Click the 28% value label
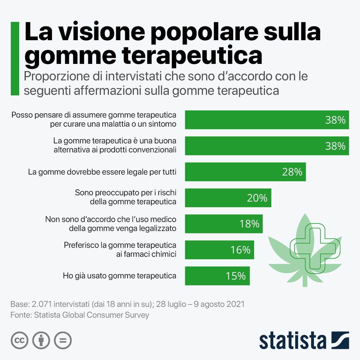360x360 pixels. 292,172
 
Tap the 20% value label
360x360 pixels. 257,198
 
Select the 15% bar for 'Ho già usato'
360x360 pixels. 217,276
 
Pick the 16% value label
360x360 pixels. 240,250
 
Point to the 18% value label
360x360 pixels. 249,224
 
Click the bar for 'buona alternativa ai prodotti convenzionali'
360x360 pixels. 267,146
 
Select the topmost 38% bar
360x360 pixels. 267,120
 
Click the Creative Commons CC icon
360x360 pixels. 19,340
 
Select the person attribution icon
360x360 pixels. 41,340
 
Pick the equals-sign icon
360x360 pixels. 63,340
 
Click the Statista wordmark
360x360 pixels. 292,341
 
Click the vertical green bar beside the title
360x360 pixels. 15,58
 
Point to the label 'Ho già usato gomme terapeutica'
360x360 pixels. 119,276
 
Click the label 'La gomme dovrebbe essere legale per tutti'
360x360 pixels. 102,172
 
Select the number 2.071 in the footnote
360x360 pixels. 43,304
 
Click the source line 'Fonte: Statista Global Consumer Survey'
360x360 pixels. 79,315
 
